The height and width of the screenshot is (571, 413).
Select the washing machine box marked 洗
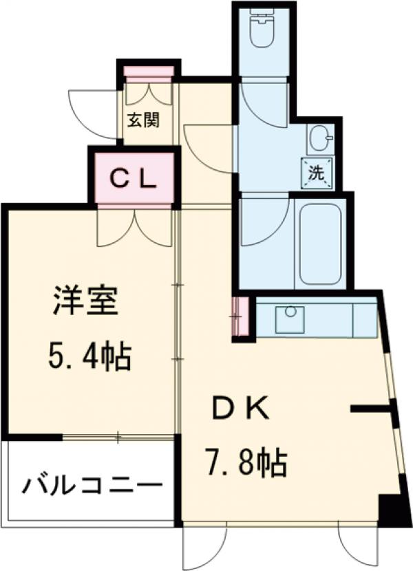[317, 173]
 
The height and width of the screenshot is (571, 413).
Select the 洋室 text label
[85, 303]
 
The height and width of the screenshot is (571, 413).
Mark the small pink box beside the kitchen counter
[240, 317]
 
